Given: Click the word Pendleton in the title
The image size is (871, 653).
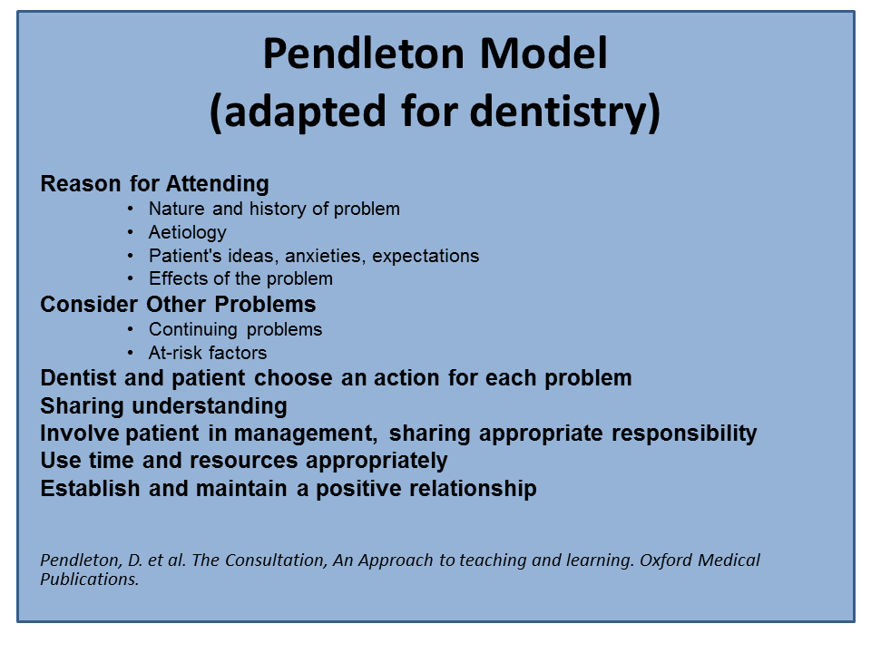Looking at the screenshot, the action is [363, 54].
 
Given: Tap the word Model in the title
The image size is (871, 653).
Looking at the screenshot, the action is [543, 54].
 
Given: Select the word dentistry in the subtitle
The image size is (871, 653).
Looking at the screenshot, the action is [565, 112].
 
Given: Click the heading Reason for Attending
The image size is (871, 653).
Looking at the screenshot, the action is [154, 184].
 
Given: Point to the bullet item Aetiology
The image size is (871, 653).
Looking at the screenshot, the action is [187, 233].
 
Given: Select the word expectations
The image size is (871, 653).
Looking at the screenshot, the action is [426, 256].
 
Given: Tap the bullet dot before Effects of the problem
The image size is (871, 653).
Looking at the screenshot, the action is [130, 278].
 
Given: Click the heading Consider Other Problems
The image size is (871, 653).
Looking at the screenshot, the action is [178, 305].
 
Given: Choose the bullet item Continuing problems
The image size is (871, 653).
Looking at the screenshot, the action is [235, 329].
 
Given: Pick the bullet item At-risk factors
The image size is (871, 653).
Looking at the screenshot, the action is [207, 353].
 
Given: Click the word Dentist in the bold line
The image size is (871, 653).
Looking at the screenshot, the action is [79, 377].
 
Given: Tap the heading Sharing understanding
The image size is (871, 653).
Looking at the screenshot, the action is [164, 406].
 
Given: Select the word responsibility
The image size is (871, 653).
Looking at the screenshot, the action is [684, 434].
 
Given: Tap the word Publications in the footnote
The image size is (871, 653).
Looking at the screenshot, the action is [90, 580].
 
